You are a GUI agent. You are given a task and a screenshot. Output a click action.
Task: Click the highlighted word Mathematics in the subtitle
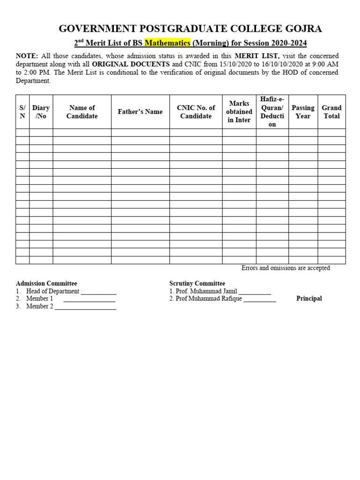coord(167,44)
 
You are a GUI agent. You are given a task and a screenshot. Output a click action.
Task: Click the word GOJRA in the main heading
coord(304,29)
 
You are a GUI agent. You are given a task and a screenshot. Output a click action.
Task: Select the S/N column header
coord(22,112)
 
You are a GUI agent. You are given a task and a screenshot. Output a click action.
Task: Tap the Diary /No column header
coord(41,112)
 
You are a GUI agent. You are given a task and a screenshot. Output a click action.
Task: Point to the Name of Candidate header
coord(82,112)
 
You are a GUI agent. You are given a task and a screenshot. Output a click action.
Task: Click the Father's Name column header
coord(140,112)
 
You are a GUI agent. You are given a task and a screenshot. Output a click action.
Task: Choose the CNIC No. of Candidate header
coord(196,112)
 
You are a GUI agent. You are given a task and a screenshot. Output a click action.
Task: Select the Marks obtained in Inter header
coord(239,112)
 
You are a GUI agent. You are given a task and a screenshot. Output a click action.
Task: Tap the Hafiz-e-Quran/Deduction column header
coord(272,112)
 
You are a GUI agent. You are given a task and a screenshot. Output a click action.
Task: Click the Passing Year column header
coord(303,112)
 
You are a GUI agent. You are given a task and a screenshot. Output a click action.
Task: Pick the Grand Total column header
coord(331,112)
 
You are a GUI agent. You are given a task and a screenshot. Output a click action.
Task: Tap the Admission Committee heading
coord(46,284)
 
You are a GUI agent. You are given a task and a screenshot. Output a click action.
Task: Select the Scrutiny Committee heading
coord(197,284)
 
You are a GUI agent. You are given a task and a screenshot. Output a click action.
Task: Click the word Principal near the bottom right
coord(309,299)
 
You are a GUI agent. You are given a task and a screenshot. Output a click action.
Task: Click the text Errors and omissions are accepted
coord(285,268)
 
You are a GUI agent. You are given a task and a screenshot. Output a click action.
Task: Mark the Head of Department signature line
coord(98,292)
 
